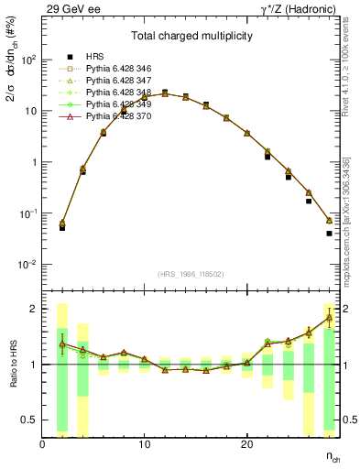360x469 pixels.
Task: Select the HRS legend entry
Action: (95, 57)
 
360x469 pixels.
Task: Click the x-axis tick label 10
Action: (144, 444)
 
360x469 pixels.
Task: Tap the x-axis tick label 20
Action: (246, 444)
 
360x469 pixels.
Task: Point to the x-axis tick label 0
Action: (42, 444)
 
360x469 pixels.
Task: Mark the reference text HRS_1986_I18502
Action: (191, 274)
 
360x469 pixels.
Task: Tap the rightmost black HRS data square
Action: (329, 234)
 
